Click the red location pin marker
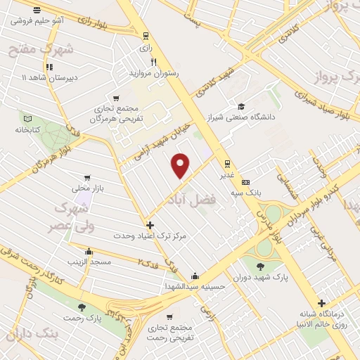[181, 165]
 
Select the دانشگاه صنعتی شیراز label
[245, 117]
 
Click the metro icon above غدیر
[226, 162]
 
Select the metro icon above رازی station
[146, 36]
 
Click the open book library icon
[28, 118]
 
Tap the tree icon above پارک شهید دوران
[261, 266]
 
